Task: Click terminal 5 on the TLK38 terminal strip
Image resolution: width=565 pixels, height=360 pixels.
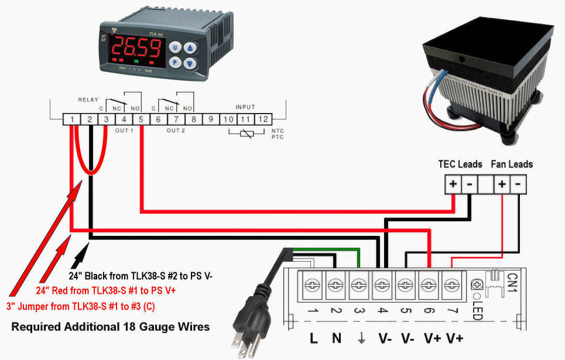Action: [142, 119]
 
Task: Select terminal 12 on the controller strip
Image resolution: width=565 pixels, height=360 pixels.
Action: [263, 119]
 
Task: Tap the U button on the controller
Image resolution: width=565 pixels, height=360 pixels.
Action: [174, 47]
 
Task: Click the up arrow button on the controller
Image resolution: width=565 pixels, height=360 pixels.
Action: [189, 47]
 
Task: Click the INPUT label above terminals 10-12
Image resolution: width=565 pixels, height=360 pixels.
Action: [245, 107]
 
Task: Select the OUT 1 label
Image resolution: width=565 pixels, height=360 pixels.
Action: [124, 131]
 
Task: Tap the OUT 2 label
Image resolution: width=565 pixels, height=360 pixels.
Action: [176, 131]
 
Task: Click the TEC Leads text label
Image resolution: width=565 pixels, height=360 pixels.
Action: [460, 164]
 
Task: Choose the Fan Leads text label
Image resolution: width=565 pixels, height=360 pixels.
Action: [512, 164]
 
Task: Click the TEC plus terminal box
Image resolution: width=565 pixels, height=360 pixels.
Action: [453, 184]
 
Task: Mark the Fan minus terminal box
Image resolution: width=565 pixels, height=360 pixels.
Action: [518, 184]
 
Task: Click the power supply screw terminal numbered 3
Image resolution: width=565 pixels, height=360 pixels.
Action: [358, 285]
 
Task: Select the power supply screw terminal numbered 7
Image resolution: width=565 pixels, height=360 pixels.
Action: [450, 285]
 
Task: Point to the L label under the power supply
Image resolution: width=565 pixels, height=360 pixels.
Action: [313, 338]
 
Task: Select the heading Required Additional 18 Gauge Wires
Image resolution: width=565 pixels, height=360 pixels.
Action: [110, 327]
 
